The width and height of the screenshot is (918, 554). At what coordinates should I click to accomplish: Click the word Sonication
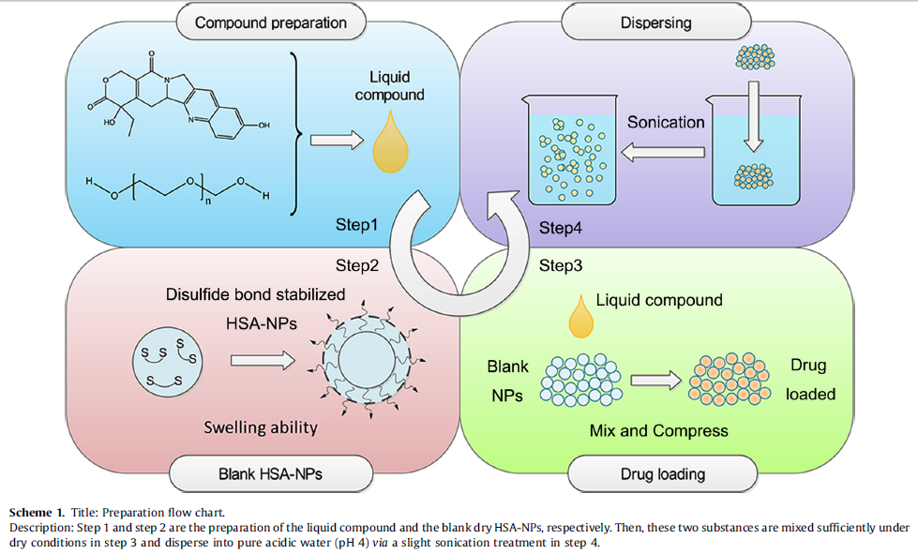pyautogui.click(x=665, y=122)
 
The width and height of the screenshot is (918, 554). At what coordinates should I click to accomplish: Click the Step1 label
pyautogui.click(x=356, y=226)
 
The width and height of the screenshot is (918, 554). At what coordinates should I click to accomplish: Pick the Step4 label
pyautogui.click(x=561, y=228)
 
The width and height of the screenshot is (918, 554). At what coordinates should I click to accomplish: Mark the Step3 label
pyautogui.click(x=561, y=265)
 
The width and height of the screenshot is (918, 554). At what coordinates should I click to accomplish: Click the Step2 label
pyautogui.click(x=356, y=265)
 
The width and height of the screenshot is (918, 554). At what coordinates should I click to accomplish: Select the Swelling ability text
pyautogui.click(x=262, y=428)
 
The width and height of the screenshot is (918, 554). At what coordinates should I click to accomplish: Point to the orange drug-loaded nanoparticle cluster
pyautogui.click(x=730, y=380)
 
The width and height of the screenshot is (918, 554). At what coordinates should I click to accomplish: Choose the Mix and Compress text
pyautogui.click(x=658, y=431)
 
